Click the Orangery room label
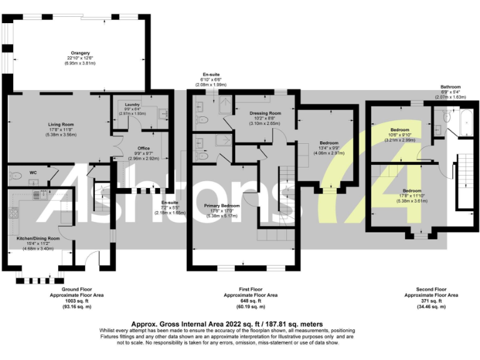tap(80, 53)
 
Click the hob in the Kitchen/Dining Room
tap(14, 214)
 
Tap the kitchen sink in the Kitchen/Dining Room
tap(37, 195)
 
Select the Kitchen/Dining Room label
tap(38, 238)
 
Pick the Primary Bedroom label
tap(221, 206)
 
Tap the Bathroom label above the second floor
tap(450, 87)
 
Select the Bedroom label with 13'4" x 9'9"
tap(328, 142)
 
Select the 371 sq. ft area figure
tap(431, 301)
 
